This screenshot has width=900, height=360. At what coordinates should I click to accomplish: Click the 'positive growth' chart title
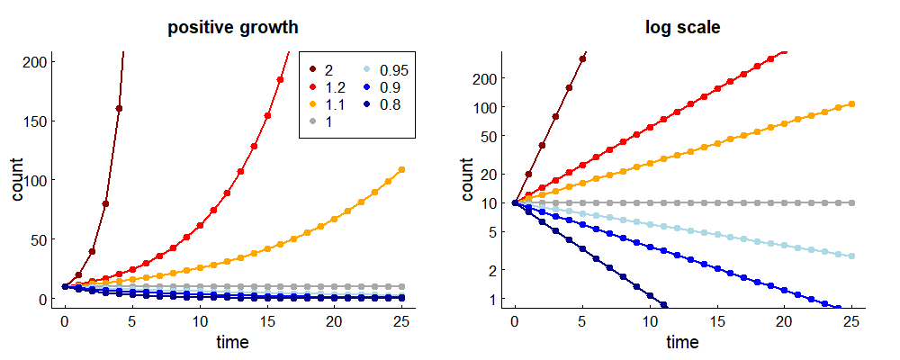pyautogui.click(x=233, y=28)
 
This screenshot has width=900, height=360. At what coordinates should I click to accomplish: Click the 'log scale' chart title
pyautogui.click(x=682, y=28)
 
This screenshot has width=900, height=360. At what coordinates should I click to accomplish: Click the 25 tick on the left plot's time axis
pyautogui.click(x=401, y=322)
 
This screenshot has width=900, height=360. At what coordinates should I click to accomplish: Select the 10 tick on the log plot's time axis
pyautogui.click(x=649, y=322)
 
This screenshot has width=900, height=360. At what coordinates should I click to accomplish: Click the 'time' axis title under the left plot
pyautogui.click(x=233, y=342)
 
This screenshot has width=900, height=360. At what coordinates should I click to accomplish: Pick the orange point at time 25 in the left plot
pyautogui.click(x=401, y=169)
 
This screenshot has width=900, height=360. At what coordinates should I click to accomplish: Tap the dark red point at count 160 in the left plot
pyautogui.click(x=119, y=108)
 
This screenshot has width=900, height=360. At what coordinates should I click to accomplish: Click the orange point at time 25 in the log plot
pyautogui.click(x=851, y=104)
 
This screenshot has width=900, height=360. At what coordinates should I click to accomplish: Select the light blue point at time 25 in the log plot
pyautogui.click(x=851, y=256)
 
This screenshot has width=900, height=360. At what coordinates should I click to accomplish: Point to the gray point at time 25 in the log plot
pyautogui.click(x=851, y=203)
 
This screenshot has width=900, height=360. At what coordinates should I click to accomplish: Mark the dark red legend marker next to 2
pyautogui.click(x=312, y=69)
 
